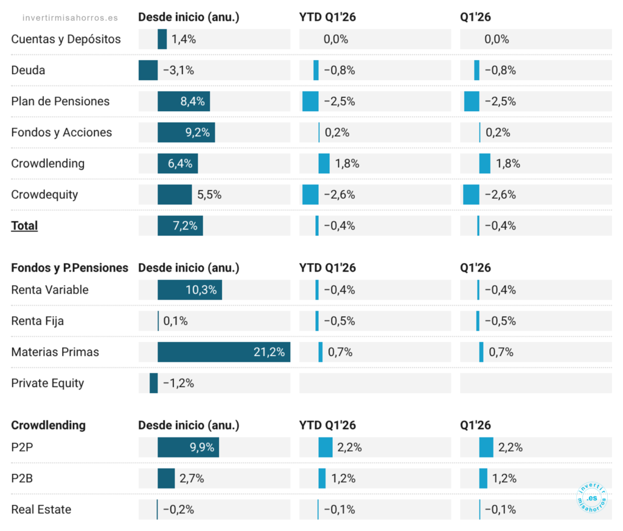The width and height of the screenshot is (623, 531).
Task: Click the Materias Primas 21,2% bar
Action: coord(224,352)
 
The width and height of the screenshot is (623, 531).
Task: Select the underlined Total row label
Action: coord(24,225)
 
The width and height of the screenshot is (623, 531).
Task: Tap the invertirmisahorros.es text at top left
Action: coord(70,18)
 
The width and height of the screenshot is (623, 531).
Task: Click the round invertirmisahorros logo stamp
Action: coord(591,497)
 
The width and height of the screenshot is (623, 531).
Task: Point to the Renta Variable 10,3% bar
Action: coord(190,290)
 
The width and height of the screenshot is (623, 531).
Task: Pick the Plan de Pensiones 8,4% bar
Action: coord(184,101)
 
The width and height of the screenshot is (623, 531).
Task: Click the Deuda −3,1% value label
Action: coord(178,70)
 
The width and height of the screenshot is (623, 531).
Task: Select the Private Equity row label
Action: coord(47,383)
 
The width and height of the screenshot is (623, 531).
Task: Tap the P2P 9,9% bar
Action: coord(189,447)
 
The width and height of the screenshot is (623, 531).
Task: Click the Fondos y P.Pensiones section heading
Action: coord(69,268)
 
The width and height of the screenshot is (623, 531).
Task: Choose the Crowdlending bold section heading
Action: coord(48,425)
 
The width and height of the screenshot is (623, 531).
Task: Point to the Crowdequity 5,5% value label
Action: coord(209,194)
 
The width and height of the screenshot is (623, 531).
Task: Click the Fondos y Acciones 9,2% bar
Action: coord(186,132)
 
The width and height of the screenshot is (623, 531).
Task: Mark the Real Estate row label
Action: coord(41,509)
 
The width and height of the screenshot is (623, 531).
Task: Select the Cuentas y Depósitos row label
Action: coord(66,39)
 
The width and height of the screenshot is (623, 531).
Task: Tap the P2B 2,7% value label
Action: coord(192,478)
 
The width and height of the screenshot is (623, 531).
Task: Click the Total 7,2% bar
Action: coord(180,225)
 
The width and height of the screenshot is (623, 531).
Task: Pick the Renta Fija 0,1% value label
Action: coord(175,321)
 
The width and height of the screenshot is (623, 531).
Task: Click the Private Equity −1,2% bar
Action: coord(154,383)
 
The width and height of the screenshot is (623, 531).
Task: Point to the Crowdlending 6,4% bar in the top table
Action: coord(178,163)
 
